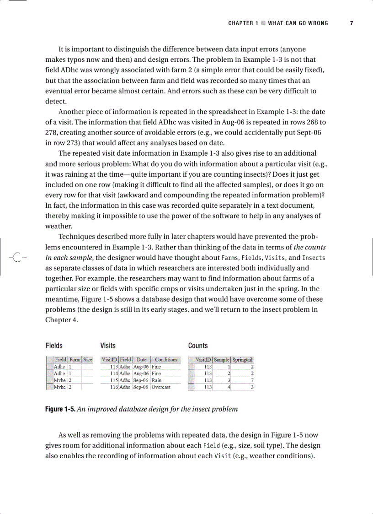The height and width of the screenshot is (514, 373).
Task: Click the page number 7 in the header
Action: (x=351, y=23)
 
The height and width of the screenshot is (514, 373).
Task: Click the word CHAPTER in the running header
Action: (x=240, y=23)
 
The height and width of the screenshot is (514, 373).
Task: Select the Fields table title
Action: (x=54, y=346)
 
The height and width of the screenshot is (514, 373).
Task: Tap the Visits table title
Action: (x=108, y=346)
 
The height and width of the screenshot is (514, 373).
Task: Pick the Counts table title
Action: (x=198, y=346)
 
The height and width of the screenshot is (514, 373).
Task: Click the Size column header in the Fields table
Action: (x=87, y=360)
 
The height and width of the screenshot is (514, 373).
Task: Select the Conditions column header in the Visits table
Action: (x=165, y=360)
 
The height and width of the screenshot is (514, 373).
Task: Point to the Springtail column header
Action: (x=243, y=360)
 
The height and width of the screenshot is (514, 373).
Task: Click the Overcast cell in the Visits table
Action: (x=161, y=387)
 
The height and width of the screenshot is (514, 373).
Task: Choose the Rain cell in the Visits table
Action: (x=156, y=380)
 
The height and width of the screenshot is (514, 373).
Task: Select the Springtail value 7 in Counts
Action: (x=252, y=380)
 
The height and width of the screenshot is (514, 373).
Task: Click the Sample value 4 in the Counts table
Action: (x=228, y=387)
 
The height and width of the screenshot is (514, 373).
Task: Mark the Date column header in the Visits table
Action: (x=142, y=360)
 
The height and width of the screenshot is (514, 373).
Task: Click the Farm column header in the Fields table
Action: (x=75, y=360)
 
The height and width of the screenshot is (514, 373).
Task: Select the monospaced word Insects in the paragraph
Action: (x=314, y=258)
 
